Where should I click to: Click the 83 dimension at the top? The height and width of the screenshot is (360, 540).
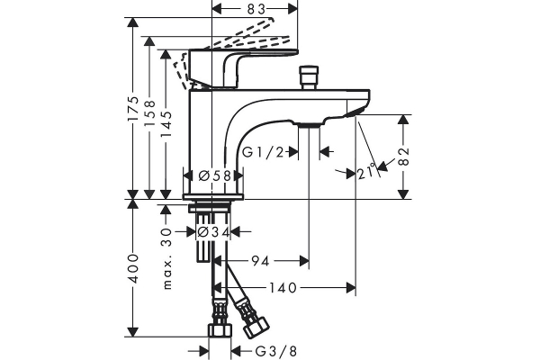tap(256, 9)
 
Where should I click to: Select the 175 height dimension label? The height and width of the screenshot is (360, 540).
tap(132, 109)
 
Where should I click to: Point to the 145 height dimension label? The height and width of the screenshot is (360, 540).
tap(166, 124)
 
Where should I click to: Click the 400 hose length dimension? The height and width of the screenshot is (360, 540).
tap(132, 269)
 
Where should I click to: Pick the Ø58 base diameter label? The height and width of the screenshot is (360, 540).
tap(214, 176)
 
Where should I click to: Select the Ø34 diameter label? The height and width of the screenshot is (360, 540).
tap(213, 232)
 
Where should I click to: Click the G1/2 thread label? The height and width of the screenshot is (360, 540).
tap(263, 151)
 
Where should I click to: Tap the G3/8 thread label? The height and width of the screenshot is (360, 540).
tap(276, 351)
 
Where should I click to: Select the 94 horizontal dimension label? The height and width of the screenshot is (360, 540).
tap(260, 261)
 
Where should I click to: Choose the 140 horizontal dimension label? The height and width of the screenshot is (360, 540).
tap(283, 288)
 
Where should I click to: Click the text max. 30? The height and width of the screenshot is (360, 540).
tap(167, 258)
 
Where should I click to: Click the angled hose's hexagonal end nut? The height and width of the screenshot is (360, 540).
tap(256, 326)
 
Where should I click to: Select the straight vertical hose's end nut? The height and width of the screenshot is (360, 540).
tap(220, 330)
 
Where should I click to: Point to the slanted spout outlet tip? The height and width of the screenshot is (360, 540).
tap(354, 112)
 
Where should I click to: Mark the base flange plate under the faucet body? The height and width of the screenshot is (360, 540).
tap(213, 197)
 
